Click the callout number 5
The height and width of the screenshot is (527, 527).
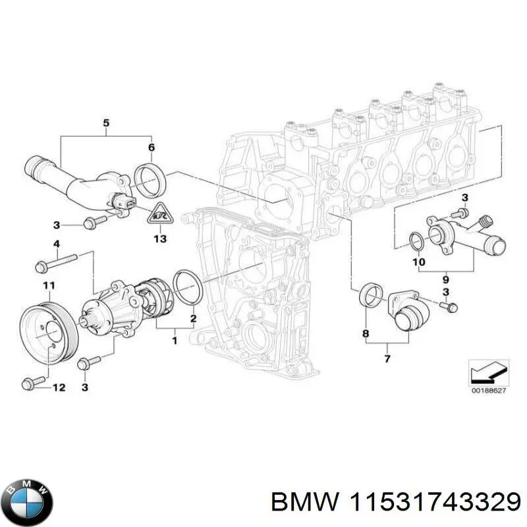[x=105, y=123]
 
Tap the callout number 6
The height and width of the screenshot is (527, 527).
[x=151, y=148]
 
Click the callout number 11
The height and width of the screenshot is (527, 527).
[x=47, y=285]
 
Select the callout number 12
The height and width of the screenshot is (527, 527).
[x=59, y=388]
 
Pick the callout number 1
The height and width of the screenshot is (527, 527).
[x=174, y=341]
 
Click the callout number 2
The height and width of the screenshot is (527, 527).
[x=192, y=319]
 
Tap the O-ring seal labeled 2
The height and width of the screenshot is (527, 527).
[x=188, y=288]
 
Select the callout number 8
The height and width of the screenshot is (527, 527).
[x=366, y=335]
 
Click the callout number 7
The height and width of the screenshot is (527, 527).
[x=387, y=358]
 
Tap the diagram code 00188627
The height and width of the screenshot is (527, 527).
[x=487, y=391]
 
